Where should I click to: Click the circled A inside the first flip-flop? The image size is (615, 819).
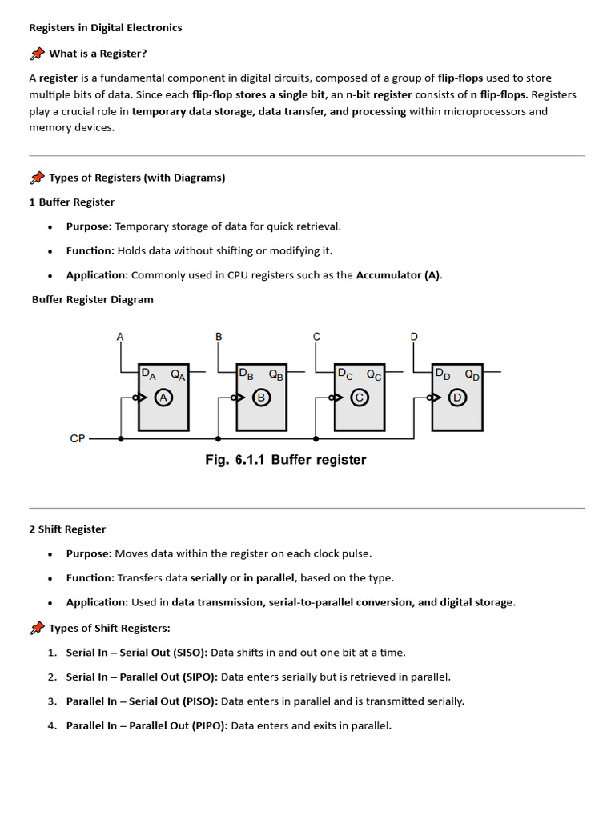pyautogui.click(x=164, y=398)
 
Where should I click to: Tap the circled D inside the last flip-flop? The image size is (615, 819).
pyautogui.click(x=457, y=398)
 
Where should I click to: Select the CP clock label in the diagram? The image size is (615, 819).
pyautogui.click(x=78, y=439)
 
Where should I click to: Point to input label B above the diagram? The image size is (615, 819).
pyautogui.click(x=219, y=337)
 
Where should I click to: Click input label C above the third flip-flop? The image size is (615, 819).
pyautogui.click(x=316, y=337)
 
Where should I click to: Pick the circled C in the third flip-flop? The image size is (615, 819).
pyautogui.click(x=360, y=398)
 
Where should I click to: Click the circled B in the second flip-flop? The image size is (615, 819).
pyautogui.click(x=262, y=398)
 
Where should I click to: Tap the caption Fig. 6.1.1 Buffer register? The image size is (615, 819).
pyautogui.click(x=286, y=460)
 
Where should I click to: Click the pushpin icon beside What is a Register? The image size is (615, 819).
pyautogui.click(x=37, y=54)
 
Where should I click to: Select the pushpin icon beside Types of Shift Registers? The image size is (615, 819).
pyautogui.click(x=37, y=629)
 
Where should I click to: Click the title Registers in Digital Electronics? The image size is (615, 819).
pyautogui.click(x=106, y=28)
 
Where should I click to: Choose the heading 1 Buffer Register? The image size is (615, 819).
pyautogui.click(x=72, y=202)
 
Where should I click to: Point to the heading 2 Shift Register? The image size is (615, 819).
pyautogui.click(x=67, y=529)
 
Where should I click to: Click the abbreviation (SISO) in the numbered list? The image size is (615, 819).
pyautogui.click(x=190, y=653)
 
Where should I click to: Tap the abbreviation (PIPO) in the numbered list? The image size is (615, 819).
pyautogui.click(x=210, y=726)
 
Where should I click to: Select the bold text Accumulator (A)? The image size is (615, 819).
pyautogui.click(x=398, y=275)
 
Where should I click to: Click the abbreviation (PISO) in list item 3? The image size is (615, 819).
pyautogui.click(x=199, y=701)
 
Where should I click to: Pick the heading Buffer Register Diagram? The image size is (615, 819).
pyautogui.click(x=93, y=300)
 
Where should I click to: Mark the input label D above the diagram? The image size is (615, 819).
pyautogui.click(x=414, y=337)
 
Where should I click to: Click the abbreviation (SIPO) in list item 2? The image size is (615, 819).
pyautogui.click(x=199, y=677)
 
